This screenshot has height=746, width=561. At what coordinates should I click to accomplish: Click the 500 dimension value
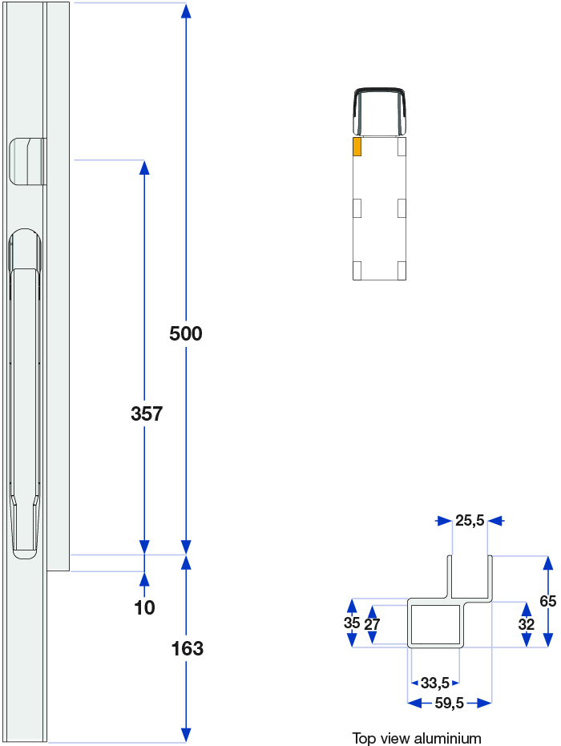coord(186,333)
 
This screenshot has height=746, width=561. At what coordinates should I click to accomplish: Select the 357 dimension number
coord(147,414)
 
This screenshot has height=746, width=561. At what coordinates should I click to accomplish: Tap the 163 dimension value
coord(187,648)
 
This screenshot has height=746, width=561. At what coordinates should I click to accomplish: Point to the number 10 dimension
coord(144,607)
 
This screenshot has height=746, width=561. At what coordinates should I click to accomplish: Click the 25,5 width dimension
coord(470,521)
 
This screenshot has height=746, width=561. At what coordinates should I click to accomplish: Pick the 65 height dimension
coord(547,601)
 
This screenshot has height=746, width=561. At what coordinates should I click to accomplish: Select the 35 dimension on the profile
coord(352,623)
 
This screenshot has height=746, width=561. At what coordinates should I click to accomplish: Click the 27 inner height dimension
coord(372,624)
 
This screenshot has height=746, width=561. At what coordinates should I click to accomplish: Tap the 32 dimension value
coord(526,624)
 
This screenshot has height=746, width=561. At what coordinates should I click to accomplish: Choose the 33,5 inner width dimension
coord(435,683)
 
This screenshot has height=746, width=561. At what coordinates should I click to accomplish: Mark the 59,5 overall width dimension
coord(449,703)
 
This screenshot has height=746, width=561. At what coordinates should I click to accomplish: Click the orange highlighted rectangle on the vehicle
coord(357,147)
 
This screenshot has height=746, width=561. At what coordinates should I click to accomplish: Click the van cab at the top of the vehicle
coord(379,111)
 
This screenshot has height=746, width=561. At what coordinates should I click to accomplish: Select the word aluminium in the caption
coord(448,739)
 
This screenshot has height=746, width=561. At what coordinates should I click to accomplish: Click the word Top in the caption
coord(365,739)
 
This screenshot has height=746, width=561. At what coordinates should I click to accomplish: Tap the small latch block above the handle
coord(27,162)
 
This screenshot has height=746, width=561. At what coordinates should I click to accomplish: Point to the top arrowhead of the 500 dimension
coord(186,10)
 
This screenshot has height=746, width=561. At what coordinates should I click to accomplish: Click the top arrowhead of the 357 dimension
coord(144,167)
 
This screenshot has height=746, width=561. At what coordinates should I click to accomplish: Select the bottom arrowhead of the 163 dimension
coord(186,735)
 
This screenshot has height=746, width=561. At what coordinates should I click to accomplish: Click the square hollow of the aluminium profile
coord(435,623)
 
